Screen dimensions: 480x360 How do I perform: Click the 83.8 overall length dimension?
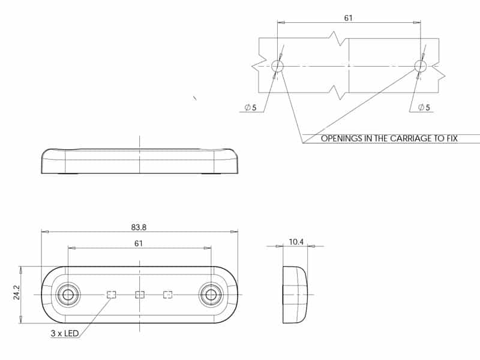click(139, 227)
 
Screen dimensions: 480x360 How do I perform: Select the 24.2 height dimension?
click(17, 292)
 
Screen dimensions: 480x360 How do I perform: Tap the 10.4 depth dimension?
click(296, 242)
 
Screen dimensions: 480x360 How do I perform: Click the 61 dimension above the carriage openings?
click(349, 18)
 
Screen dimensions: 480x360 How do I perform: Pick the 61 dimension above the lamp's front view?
click(139, 244)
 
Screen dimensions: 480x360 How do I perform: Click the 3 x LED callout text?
click(65, 334)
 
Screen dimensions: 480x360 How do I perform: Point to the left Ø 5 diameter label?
click(250, 107)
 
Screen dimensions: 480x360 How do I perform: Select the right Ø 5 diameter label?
click(424, 107)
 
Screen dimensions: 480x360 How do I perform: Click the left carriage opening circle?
click(277, 66)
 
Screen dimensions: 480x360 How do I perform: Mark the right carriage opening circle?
click(421, 66)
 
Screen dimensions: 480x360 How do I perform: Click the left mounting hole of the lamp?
click(68, 295)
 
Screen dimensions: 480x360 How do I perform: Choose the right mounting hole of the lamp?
click(211, 295)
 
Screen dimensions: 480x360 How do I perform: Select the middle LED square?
click(140, 295)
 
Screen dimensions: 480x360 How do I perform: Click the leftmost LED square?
click(111, 295)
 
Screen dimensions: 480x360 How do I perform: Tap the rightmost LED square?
click(168, 295)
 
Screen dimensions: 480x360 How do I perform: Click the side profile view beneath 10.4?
click(295, 295)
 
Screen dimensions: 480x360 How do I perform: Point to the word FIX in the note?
click(452, 139)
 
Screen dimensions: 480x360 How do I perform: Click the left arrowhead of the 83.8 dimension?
click(44, 232)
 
